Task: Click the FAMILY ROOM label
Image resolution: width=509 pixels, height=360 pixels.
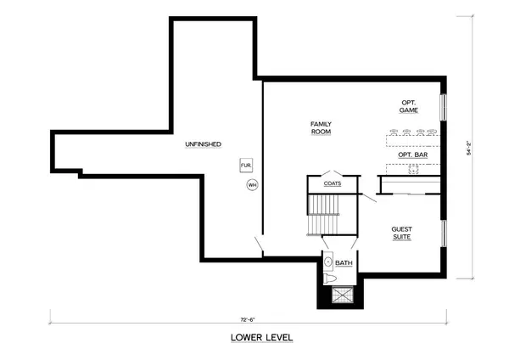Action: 320,128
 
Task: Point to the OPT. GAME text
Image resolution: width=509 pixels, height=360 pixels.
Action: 410,106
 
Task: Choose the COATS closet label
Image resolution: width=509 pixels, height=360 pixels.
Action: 333,183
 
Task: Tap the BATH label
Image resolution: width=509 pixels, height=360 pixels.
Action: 344,263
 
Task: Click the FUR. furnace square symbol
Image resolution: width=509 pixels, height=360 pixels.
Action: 246,165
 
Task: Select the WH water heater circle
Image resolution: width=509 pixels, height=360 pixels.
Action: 252,185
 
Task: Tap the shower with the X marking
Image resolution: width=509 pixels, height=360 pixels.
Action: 343,295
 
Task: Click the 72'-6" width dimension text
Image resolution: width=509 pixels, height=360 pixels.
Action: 248,319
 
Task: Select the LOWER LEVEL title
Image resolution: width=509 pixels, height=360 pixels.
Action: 262,337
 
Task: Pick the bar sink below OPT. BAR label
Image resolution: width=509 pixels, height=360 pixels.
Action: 415,169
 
